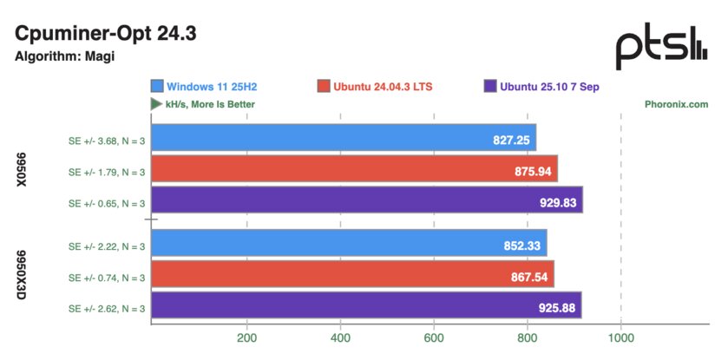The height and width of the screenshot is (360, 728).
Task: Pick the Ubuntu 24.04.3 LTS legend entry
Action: click(x=375, y=87)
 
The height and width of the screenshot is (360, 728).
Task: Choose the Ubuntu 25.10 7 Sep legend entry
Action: click(x=541, y=87)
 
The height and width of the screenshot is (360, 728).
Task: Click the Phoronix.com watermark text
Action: click(x=677, y=104)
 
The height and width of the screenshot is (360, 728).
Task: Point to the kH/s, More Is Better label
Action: click(x=203, y=104)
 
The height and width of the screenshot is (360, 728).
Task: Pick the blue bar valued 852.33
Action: click(x=349, y=245)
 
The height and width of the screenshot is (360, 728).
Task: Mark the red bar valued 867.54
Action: click(x=352, y=278)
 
